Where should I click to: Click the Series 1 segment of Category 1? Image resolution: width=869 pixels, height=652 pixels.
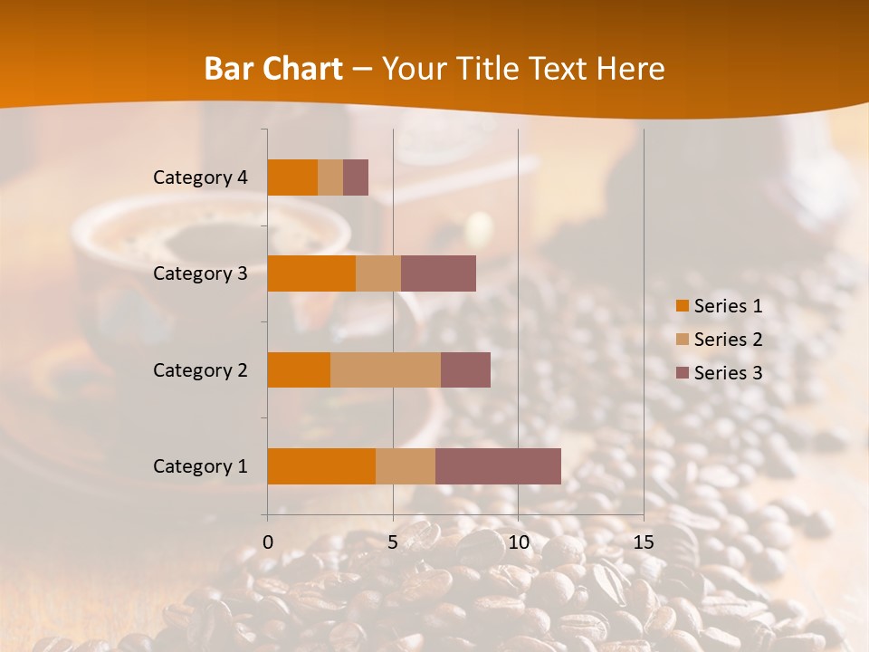[x=321, y=465]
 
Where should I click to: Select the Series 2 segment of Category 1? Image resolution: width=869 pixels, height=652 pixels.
[x=406, y=465]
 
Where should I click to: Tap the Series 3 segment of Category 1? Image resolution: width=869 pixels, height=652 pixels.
[x=498, y=465]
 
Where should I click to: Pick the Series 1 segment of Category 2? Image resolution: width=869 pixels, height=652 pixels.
[x=299, y=369]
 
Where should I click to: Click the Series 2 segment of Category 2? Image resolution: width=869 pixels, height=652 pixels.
[x=386, y=369]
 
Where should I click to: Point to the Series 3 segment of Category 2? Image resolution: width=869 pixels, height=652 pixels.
[x=465, y=369]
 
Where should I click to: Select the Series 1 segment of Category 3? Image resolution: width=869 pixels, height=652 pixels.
[x=311, y=273]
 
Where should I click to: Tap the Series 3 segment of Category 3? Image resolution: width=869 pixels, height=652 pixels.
[x=438, y=273]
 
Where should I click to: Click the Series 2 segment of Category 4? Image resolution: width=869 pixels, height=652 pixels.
[x=330, y=177]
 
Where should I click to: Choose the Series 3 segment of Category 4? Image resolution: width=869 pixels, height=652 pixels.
[x=356, y=177]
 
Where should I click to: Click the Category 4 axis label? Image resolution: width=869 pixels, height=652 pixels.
[x=200, y=177]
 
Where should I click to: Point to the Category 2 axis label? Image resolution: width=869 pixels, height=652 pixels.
[x=200, y=369]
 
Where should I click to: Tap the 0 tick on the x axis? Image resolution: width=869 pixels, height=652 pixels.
[x=268, y=542]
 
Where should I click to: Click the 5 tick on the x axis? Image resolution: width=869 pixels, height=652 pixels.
[x=393, y=542]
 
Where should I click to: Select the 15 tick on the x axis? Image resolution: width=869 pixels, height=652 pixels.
[x=643, y=542]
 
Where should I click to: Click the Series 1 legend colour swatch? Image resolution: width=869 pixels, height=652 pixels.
[x=683, y=306]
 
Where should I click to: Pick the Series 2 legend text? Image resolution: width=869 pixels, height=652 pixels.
[x=728, y=340]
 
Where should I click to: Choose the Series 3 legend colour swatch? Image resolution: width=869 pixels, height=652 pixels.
[x=683, y=373]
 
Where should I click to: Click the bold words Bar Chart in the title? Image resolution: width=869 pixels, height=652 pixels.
[x=273, y=69]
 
